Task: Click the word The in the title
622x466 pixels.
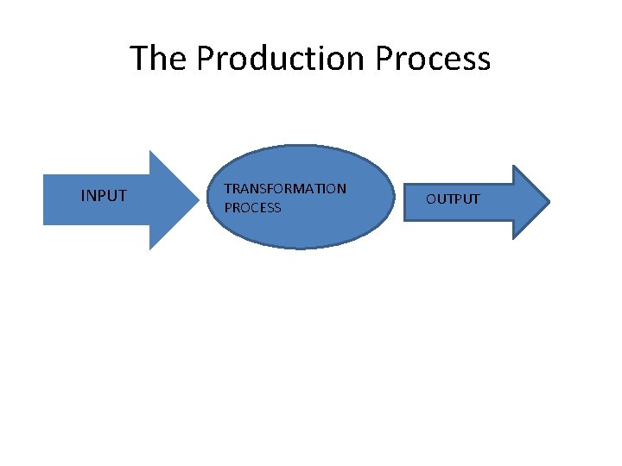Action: pos(159,59)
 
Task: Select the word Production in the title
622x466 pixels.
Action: pos(282,59)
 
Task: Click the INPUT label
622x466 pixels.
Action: pos(104,196)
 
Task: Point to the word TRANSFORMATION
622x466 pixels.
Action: pos(285,188)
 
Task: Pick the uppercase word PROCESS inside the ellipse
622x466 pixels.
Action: pos(252,208)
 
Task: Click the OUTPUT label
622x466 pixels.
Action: pos(453,199)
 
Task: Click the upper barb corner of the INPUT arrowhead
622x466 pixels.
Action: pos(150,152)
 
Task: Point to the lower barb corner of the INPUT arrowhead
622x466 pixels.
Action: pos(150,249)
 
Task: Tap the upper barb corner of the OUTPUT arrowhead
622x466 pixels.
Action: pos(514,166)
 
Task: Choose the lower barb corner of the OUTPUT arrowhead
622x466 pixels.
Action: pos(514,238)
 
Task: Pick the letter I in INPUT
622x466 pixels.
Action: pos(83,196)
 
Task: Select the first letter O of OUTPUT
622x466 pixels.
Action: pos(430,199)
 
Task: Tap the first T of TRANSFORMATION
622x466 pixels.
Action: pos(227,188)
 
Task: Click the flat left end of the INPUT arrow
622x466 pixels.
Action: pos(45,200)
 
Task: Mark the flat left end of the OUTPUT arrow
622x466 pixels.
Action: pos(405,202)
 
